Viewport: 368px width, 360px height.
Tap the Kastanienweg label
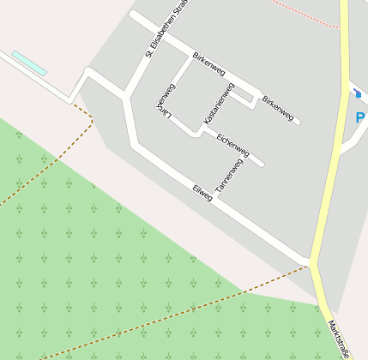[218, 104]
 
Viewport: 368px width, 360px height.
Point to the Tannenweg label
[228, 175]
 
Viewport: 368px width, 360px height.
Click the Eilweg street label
[202, 193]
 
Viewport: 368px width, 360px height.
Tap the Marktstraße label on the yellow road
[340, 339]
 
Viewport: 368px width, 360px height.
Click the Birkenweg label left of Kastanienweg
[210, 64]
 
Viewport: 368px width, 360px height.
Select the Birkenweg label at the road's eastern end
[278, 107]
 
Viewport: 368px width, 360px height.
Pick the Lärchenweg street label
[166, 100]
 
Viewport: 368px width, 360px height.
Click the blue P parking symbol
[361, 117]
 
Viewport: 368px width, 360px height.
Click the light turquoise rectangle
[29, 63]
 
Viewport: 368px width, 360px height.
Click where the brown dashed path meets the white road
[74, 103]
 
